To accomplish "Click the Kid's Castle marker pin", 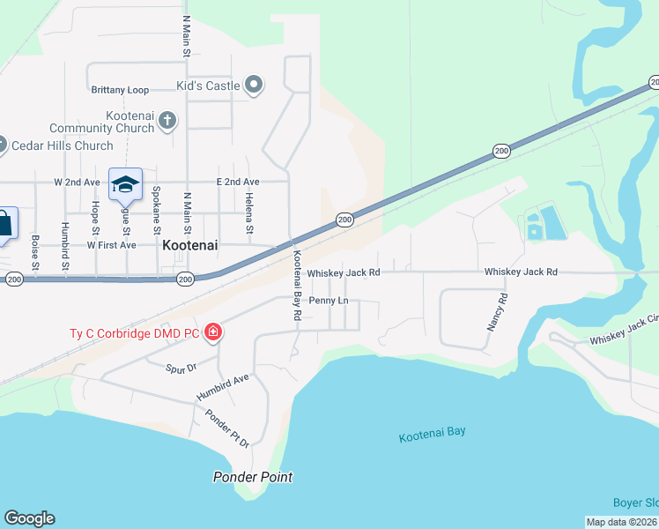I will (255, 85).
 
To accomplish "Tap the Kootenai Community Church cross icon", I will (167, 120).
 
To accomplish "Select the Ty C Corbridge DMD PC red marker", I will (213, 332).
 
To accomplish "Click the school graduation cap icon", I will (125, 184).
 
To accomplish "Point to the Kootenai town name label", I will (189, 248).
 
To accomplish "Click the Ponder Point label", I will (253, 477).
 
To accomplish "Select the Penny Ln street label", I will (329, 301).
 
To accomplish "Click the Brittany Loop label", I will (120, 90).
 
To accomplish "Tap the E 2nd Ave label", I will (238, 182).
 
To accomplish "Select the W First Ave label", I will (111, 244).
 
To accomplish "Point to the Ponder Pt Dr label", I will (227, 428).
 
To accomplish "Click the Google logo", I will (29, 518).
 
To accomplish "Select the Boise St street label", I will (35, 252).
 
